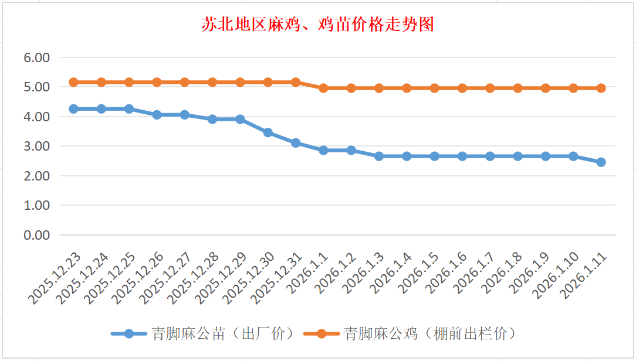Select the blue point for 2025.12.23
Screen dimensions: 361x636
tap(73, 109)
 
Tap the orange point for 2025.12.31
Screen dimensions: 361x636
tap(296, 82)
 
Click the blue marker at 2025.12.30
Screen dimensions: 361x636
tap(268, 132)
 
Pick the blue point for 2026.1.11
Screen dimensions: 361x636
tap(601, 162)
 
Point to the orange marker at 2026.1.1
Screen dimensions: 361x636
tap(323, 88)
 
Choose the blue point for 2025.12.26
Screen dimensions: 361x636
tap(157, 115)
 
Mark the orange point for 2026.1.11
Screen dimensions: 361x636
tap(601, 88)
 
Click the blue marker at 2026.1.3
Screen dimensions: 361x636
tap(379, 156)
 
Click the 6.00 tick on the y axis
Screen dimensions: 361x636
tap(36, 57)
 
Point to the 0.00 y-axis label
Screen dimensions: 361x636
tap(36, 235)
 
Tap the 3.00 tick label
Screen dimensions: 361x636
tap(36, 146)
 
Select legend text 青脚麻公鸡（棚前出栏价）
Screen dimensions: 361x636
tap(429, 333)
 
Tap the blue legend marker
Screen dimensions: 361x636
tap(128, 333)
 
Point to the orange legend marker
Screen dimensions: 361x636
tap(321, 333)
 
